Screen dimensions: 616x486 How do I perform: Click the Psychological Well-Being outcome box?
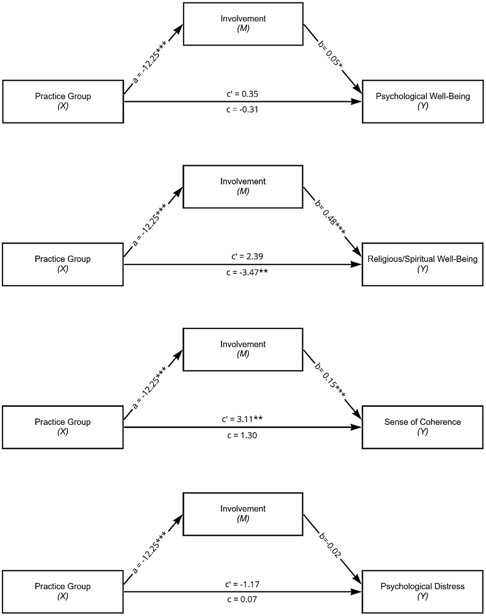pos(422,101)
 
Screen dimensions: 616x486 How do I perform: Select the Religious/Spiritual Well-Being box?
pos(422,264)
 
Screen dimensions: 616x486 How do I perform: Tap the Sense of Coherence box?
pos(422,427)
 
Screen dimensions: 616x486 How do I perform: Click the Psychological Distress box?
pos(422,591)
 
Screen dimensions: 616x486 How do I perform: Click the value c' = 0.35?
pos(242,94)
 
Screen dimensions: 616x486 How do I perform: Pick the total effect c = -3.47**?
pos(247,272)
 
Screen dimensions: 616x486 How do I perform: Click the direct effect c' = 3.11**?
pos(242,419)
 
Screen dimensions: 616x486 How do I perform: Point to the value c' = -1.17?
pos(242,584)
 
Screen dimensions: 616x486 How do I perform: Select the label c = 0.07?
pos(242,599)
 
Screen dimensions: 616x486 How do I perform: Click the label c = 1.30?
pos(242,435)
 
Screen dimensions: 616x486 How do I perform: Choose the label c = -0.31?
pos(242,110)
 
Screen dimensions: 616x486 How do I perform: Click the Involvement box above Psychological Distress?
pos(243,514)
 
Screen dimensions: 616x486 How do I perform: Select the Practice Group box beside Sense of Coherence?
pos(63,427)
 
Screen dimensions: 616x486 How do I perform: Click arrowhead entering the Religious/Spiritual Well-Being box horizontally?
pos(357,264)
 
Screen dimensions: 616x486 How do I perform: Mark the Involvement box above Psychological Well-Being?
pos(243,24)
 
